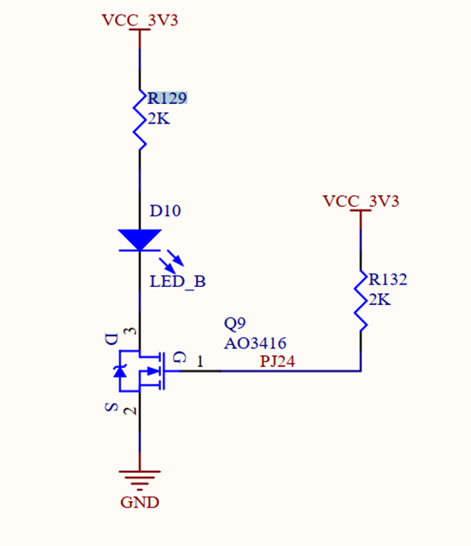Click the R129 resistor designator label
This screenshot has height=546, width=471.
coord(168,98)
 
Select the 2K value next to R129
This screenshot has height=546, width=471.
coord(158,118)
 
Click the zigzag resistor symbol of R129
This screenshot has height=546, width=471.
coord(140,120)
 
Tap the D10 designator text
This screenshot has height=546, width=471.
coord(165,210)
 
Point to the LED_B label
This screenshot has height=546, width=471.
coord(177,281)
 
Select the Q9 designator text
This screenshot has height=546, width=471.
coord(235,324)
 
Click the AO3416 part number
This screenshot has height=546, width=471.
coord(256,343)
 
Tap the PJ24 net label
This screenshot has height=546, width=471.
coord(278,361)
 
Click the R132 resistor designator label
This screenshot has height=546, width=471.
coord(388,279)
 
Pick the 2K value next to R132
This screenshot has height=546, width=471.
coord(380,300)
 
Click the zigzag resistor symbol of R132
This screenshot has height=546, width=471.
coord(360,301)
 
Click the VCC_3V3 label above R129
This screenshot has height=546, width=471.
coord(140,20)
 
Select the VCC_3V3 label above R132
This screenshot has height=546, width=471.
coord(360,201)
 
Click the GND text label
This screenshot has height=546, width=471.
coord(140,503)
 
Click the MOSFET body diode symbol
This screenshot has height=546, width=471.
coord(120,371)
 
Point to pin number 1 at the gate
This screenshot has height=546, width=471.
coord(200,362)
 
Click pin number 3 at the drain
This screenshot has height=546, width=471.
coord(130,330)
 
